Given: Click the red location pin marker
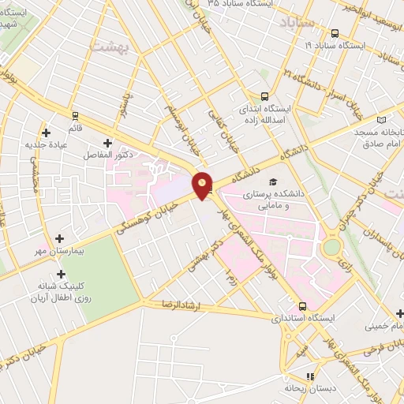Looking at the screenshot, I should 203,185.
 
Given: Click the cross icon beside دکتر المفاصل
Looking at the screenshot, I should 108,143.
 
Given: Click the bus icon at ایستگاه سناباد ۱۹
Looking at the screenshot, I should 336,33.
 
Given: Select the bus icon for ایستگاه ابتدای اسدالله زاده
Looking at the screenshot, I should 264,93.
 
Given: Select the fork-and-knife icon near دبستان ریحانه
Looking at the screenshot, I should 312,377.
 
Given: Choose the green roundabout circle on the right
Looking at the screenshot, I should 331,249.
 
